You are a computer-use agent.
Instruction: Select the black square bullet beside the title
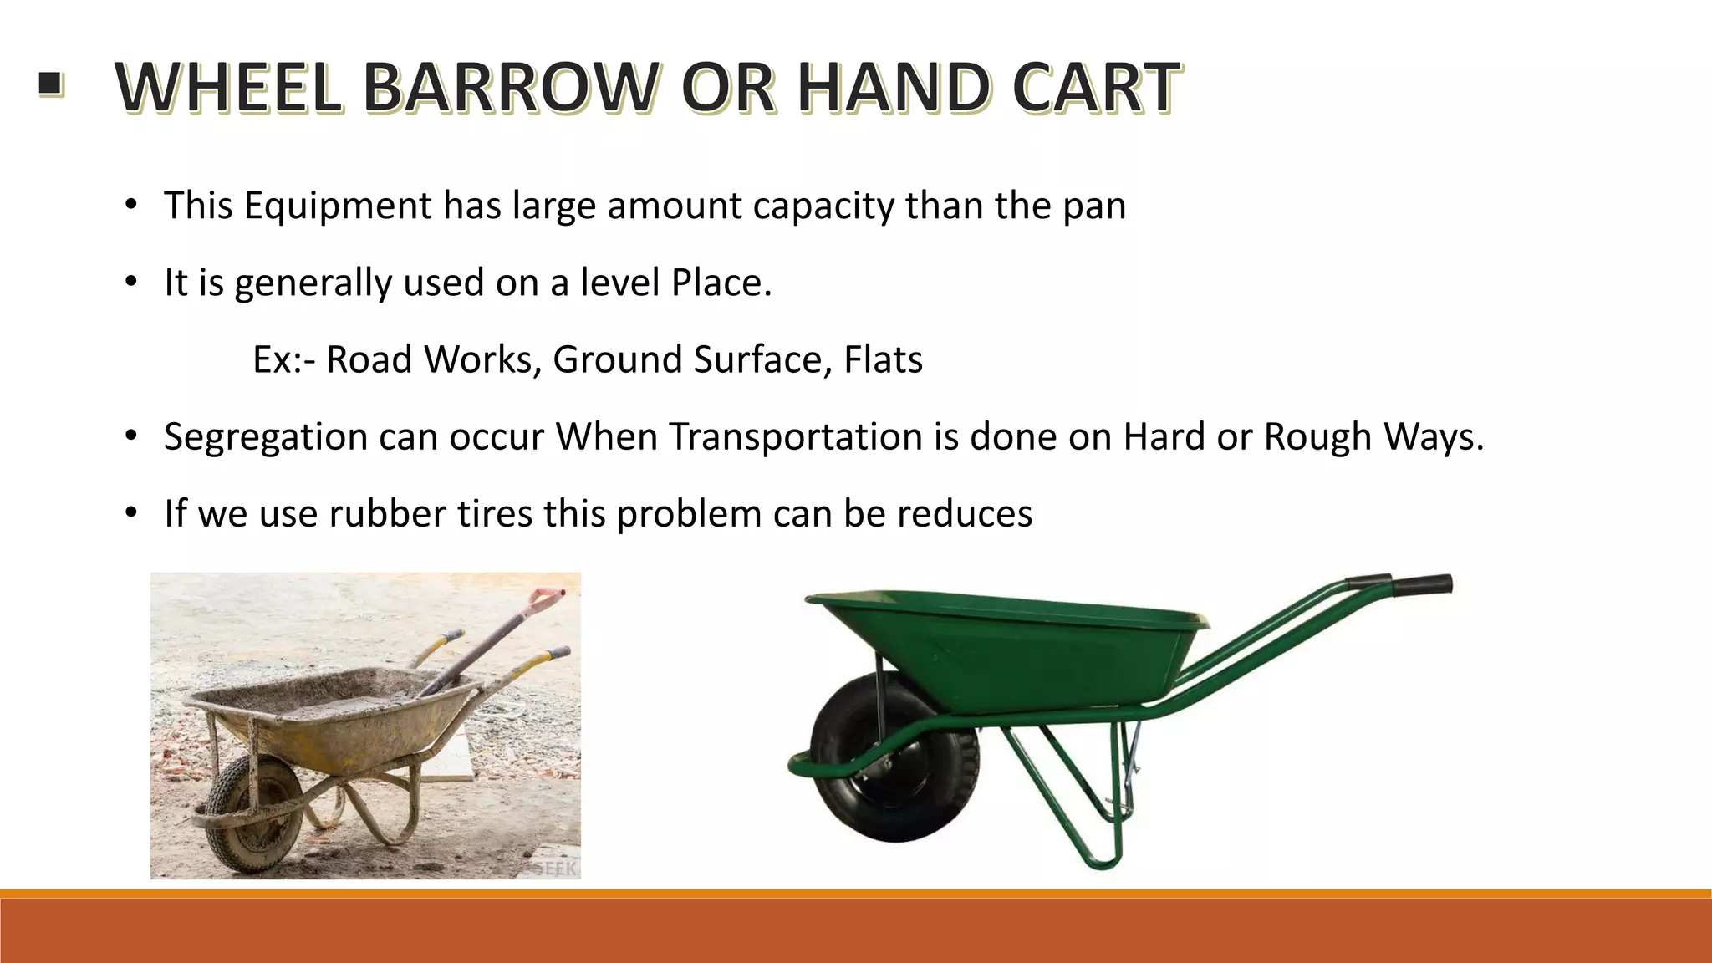[x=50, y=84]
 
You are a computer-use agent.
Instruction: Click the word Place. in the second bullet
[x=721, y=283]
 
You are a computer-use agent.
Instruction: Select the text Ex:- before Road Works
[x=283, y=360]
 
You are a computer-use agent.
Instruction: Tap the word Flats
[x=883, y=359]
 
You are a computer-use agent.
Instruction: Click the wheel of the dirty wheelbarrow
[x=251, y=815]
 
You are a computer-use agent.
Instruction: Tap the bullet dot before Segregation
[x=130, y=436]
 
